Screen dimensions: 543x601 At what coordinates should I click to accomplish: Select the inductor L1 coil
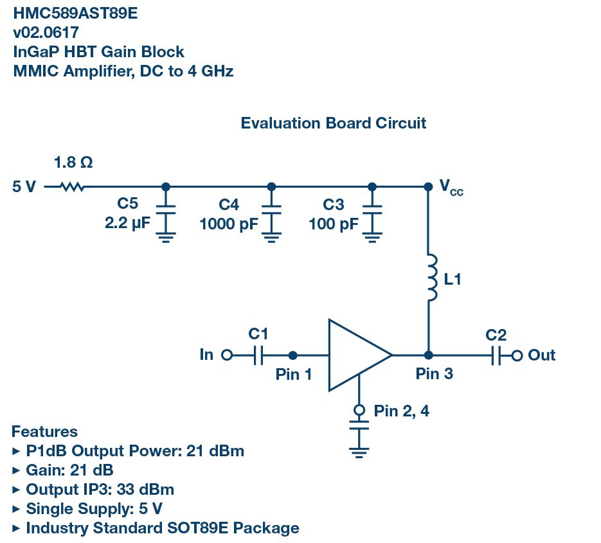432,278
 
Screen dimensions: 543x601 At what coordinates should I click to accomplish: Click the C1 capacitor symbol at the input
258,355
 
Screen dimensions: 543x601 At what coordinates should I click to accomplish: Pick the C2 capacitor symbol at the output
496,355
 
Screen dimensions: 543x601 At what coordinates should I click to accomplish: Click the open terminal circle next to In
226,355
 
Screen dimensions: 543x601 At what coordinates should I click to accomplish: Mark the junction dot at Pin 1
293,355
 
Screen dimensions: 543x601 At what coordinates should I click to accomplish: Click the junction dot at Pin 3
429,355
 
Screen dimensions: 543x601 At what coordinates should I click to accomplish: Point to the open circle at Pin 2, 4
359,410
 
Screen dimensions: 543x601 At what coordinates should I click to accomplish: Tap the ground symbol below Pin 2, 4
359,451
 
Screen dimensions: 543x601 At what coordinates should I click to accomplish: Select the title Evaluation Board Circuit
333,123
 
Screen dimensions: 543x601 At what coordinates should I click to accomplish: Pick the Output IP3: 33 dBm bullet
100,490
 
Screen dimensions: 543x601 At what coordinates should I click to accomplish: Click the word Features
44,432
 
